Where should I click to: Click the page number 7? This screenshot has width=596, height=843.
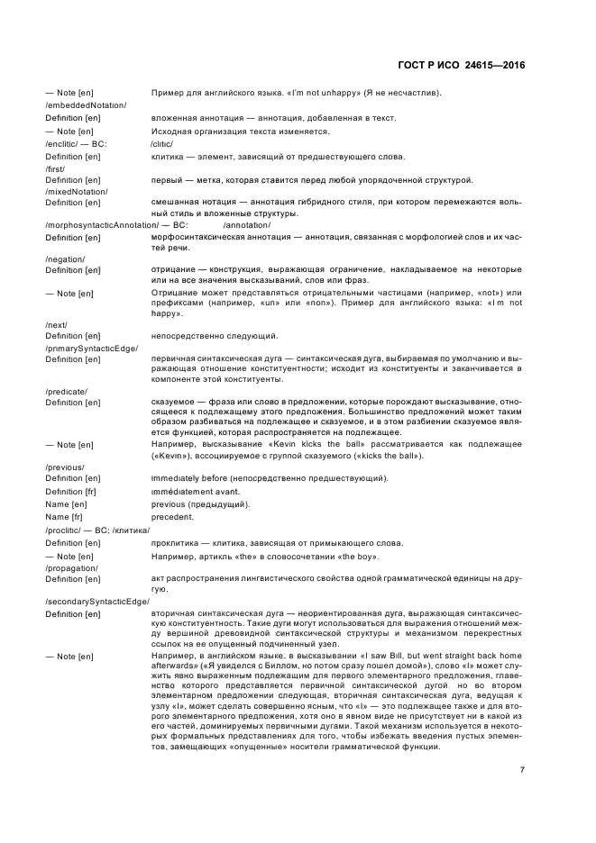click(522, 719)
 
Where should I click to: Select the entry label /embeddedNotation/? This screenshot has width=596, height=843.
click(86, 105)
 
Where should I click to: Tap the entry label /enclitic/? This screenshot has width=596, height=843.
click(63, 143)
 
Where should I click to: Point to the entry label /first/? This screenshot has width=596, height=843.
click(56, 168)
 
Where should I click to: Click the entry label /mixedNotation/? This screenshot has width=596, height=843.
click(77, 192)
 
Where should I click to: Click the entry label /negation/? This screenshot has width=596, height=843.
click(65, 258)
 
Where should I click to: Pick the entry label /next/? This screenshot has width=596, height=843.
click(56, 324)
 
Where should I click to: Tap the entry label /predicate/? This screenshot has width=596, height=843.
click(66, 392)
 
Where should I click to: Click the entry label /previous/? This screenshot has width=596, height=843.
click(64, 467)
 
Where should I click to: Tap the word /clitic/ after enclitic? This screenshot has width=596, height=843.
click(162, 143)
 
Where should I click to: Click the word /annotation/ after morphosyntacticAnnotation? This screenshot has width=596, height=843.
click(241, 224)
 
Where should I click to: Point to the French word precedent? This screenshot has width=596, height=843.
click(172, 517)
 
